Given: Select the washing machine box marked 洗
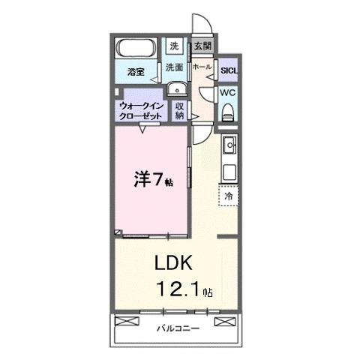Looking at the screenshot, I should (174, 46).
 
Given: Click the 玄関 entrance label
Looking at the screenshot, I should (202, 46).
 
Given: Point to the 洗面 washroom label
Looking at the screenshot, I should (174, 67).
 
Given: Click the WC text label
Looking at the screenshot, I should (228, 93).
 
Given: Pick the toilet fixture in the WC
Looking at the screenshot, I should (229, 111).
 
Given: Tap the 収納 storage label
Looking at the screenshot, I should (180, 111).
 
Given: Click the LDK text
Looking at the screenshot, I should (175, 263).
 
